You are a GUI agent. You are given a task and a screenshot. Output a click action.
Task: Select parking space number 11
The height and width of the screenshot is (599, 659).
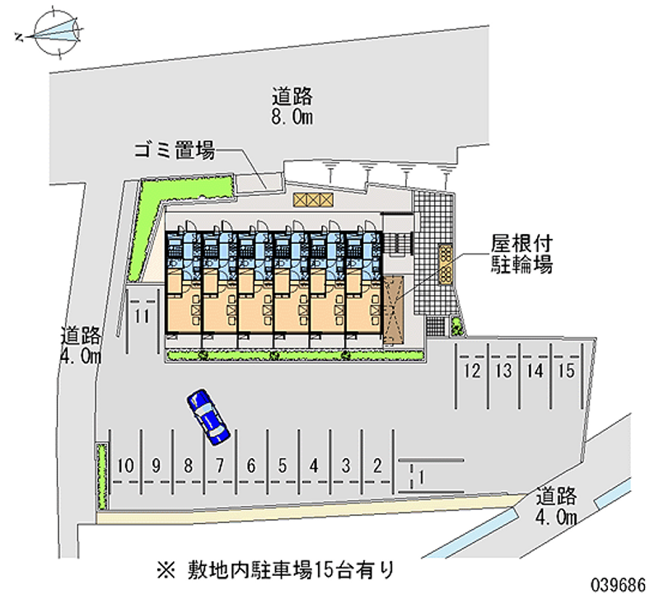click(142, 316)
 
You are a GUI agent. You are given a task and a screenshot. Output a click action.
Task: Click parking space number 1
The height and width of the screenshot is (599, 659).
click(421, 475)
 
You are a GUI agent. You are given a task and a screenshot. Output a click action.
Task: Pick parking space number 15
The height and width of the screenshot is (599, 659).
click(565, 371)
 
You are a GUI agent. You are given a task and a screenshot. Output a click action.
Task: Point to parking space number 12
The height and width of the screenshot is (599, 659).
click(470, 371)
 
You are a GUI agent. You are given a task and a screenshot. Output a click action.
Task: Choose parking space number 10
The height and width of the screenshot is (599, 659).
click(124, 466)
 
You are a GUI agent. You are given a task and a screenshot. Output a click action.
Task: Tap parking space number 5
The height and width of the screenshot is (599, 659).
click(283, 466)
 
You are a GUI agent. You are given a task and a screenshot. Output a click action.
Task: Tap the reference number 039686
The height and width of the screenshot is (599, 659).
click(621, 582)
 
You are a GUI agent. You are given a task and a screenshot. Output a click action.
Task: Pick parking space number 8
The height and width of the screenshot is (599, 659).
click(188, 466)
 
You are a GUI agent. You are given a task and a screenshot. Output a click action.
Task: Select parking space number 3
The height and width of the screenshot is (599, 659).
click(346, 466)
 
